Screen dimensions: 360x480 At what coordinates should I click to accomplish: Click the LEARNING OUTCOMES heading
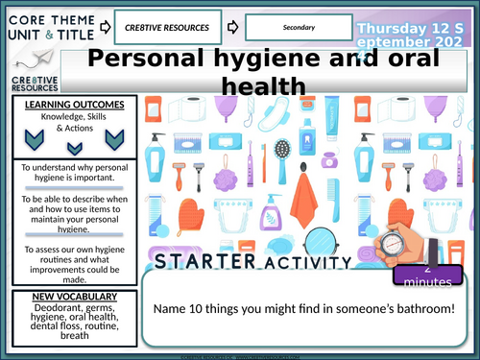click(x=68, y=104)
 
